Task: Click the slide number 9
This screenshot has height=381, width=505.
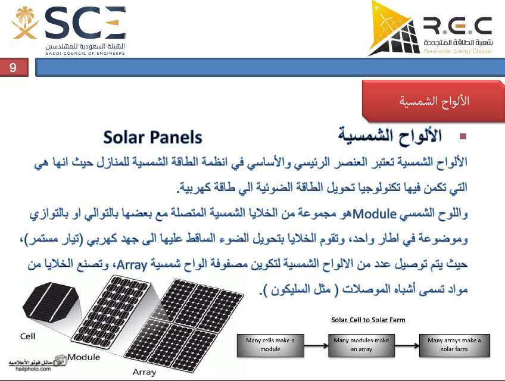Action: pos(13,67)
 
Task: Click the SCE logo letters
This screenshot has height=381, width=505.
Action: pos(85,23)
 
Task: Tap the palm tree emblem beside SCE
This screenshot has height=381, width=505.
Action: pos(25,23)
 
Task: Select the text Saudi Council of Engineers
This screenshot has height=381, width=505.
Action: pos(85,54)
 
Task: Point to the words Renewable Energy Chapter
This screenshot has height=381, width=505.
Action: pos(458,51)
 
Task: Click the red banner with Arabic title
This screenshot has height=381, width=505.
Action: pos(434,101)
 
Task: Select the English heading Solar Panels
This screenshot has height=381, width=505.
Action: pos(152,138)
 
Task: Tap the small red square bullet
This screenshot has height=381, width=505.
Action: pos(463,136)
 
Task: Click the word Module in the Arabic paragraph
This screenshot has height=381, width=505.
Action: pos(375,214)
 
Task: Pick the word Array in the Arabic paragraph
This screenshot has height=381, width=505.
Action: pos(132,265)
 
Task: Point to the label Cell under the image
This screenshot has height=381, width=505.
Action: pos(28,336)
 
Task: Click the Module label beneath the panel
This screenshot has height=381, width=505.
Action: pos(84,357)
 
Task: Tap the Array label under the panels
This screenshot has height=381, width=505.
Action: pos(144,372)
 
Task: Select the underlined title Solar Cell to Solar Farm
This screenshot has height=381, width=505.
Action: pos(368,320)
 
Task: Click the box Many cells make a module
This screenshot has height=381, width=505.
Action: pos(270,345)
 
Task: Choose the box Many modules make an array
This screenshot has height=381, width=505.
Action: pos(361,345)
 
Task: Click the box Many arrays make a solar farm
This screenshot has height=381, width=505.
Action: pos(454,345)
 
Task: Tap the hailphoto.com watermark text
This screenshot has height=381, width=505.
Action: pos(33,368)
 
